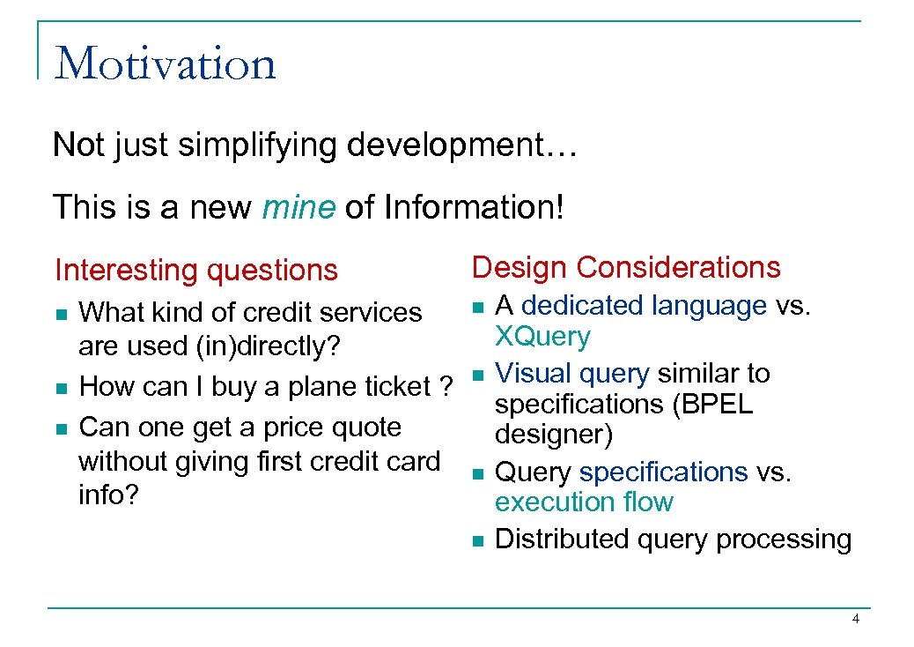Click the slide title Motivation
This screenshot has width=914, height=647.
[165, 63]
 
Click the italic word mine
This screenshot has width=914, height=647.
[299, 207]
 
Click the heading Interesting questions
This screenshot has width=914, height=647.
[195, 270]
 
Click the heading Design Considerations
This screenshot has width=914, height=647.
[626, 267]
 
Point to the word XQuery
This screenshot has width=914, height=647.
[542, 337]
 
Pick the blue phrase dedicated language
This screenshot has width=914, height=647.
[644, 306]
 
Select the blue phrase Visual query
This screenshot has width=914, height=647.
[572, 374]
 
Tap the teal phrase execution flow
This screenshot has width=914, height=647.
[584, 502]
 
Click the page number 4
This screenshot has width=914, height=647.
[856, 620]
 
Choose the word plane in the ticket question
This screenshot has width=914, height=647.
[326, 387]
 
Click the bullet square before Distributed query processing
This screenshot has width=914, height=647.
[476, 540]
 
